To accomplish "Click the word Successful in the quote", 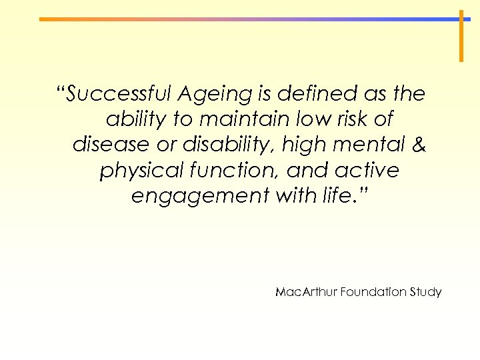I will (x=114, y=94).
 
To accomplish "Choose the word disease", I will (x=110, y=145).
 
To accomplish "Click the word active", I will (x=370, y=171).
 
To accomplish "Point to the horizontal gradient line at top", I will (x=247, y=19).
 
